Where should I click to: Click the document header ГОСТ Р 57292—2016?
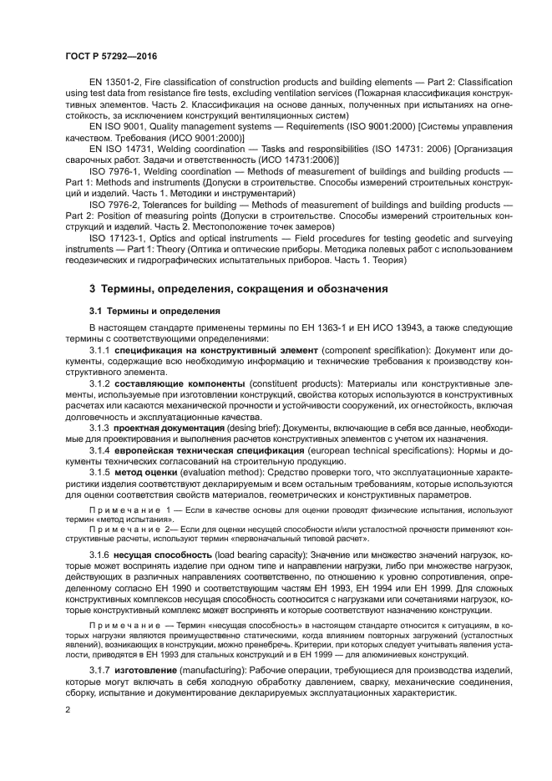tap(110, 56)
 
